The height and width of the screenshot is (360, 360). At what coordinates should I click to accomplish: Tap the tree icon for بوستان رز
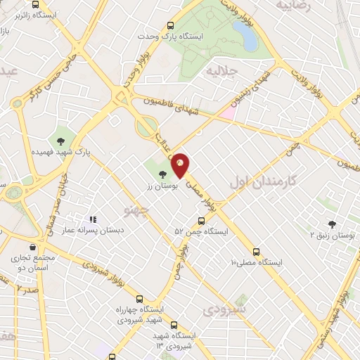[x=162, y=173]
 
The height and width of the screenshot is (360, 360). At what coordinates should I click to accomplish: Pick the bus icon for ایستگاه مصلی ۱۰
[x=255, y=250]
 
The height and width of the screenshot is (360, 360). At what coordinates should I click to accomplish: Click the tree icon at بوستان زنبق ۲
[x=332, y=224]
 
